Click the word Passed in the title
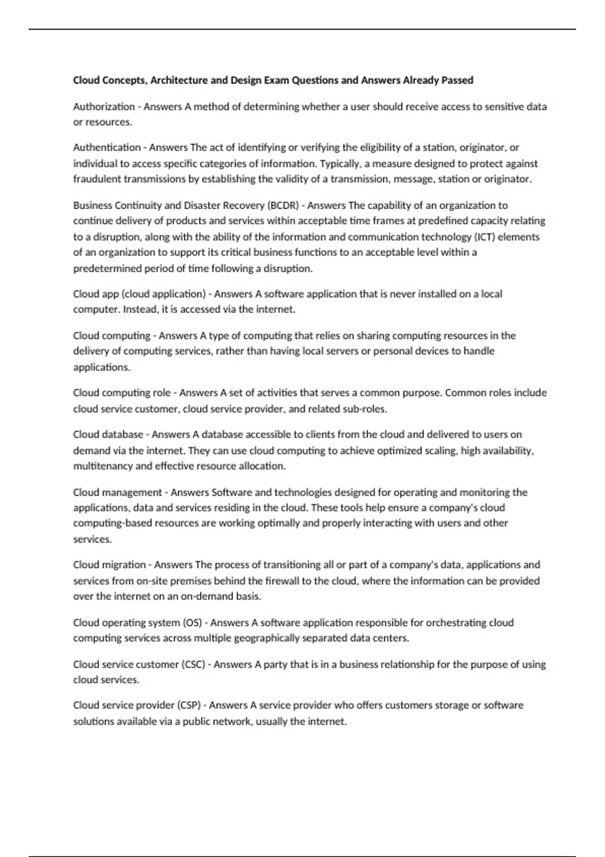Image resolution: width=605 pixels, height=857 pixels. click(x=457, y=80)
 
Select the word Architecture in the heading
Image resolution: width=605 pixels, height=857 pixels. click(x=179, y=80)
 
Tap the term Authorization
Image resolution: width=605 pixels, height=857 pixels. click(x=104, y=106)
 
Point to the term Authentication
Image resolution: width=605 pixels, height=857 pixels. click(x=107, y=147)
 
